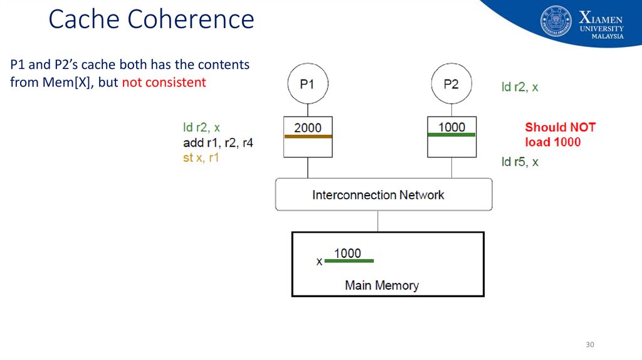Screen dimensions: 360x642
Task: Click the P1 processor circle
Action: tap(307, 84)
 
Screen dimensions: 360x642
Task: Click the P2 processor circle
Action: tap(451, 83)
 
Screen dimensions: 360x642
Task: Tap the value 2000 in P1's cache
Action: tap(308, 127)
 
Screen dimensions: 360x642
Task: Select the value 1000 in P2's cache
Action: tap(451, 127)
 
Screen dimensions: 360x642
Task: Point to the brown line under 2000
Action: tap(308, 136)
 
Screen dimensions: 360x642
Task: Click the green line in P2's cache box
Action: tap(451, 135)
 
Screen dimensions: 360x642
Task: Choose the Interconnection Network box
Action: tap(383, 194)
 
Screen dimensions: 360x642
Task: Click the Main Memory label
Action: tap(382, 285)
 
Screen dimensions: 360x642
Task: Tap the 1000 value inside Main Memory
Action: tap(347, 253)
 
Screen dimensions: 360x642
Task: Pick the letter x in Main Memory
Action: tap(320, 261)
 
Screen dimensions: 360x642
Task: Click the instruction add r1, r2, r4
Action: tap(218, 143)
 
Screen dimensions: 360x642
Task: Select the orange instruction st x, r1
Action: tap(201, 157)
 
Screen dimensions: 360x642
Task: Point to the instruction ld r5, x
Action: tap(520, 162)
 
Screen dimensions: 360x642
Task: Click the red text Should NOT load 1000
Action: tap(560, 134)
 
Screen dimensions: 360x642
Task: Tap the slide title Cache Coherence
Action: tap(151, 19)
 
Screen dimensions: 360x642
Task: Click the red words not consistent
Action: tap(164, 82)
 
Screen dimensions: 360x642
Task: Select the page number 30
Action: tap(589, 344)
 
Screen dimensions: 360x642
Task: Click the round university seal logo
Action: tap(556, 21)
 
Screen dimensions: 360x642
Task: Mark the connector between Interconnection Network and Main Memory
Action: tap(377, 221)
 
